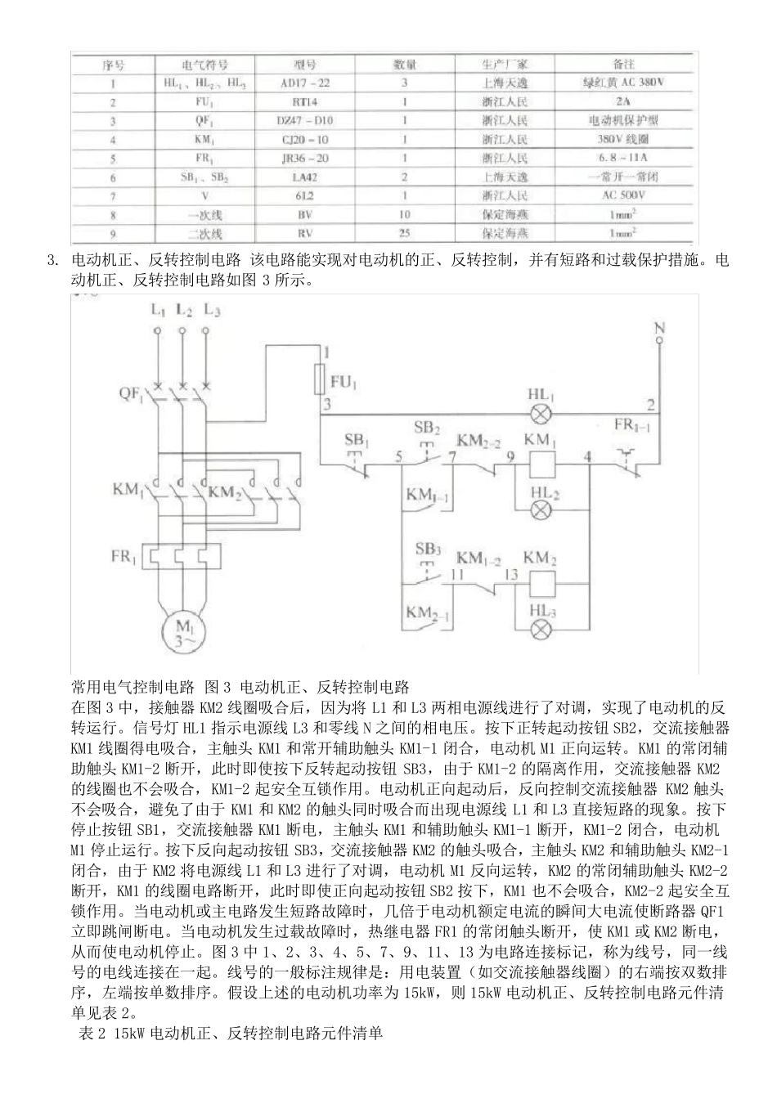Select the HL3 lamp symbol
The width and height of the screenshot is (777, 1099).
tap(539, 628)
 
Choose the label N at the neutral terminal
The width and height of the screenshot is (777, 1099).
tap(659, 329)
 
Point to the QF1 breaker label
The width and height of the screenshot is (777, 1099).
tap(130, 393)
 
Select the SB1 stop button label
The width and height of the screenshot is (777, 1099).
tap(357, 441)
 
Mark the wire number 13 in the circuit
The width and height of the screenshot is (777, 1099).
tap(511, 575)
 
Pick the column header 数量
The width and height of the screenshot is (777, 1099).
tap(404, 64)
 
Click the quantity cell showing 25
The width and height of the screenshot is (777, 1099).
tap(404, 233)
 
